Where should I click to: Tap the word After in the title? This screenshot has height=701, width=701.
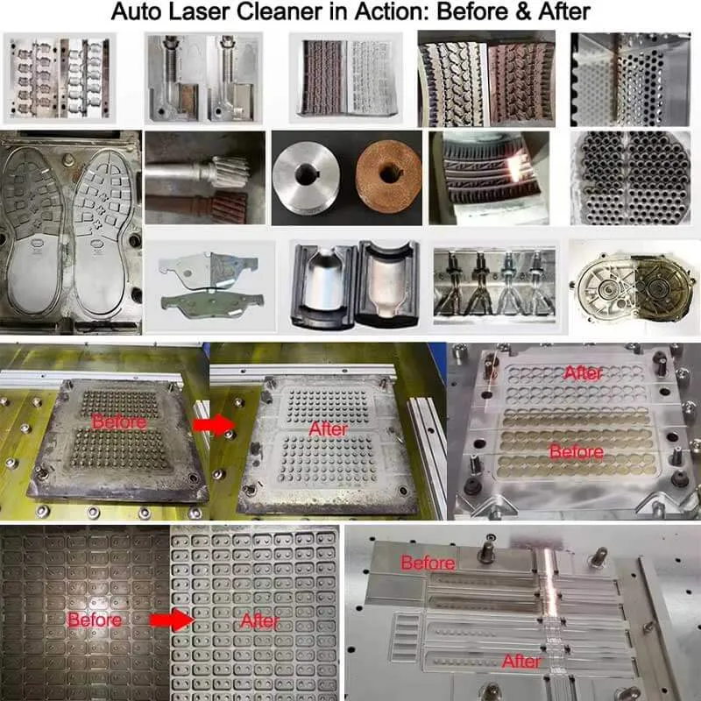(564, 11)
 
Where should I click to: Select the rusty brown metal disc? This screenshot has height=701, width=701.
(388, 177)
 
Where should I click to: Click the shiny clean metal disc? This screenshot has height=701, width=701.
(306, 177)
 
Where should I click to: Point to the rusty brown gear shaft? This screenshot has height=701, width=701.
(196, 208)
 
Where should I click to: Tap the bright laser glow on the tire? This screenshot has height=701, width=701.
(516, 167)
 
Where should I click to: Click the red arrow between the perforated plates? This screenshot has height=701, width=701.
(214, 425)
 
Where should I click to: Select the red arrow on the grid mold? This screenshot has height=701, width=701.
(171, 620)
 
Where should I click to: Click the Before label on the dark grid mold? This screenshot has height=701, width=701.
(95, 620)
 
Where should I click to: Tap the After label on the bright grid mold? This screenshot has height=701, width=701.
(259, 621)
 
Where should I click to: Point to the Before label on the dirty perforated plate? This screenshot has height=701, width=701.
(119, 421)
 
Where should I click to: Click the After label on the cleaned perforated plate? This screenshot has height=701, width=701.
(328, 429)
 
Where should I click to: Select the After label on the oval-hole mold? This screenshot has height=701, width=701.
(583, 373)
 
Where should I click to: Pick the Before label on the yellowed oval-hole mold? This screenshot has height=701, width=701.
(577, 452)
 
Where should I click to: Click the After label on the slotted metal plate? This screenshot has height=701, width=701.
(521, 662)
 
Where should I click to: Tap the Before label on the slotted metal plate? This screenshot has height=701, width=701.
(428, 563)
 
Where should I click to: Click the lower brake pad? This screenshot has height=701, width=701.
(212, 305)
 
